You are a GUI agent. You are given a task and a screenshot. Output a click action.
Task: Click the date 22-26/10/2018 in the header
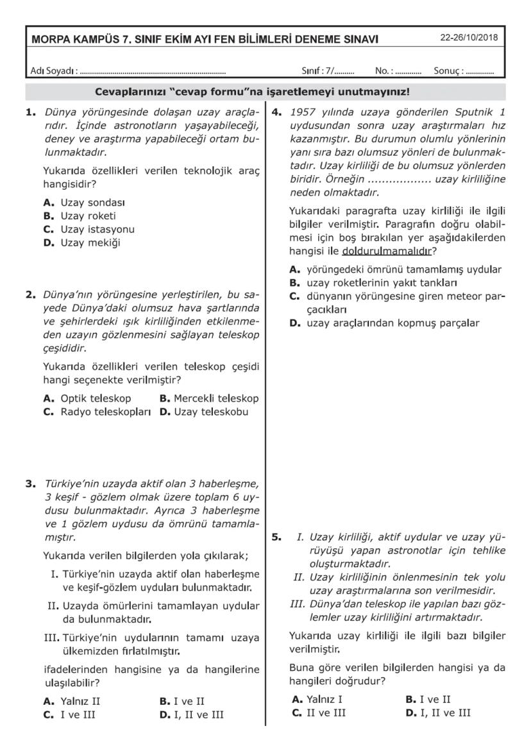click(468, 37)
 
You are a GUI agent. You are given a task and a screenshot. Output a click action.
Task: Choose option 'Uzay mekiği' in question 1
click(90, 242)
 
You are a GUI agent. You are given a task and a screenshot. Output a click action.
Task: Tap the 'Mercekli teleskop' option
click(215, 398)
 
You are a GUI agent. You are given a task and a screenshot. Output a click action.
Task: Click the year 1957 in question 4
click(301, 112)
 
